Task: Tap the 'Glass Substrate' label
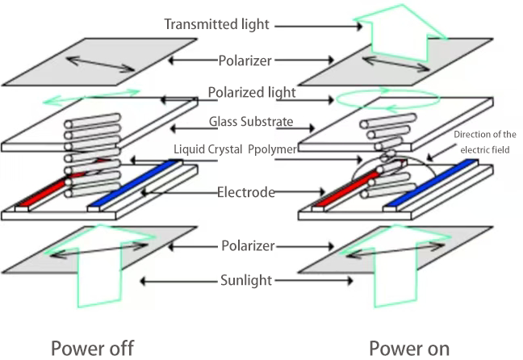250,123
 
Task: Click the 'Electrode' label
246,192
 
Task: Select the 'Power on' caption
408,348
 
